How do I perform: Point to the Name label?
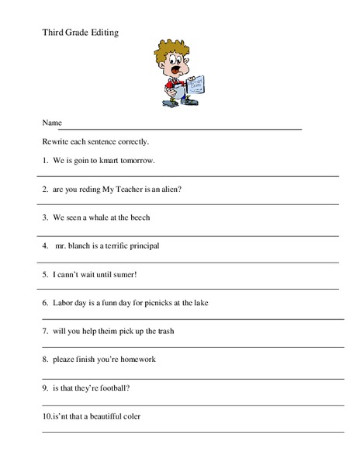[x=51, y=123]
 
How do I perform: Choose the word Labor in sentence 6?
[x=63, y=302]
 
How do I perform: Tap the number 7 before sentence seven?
[x=45, y=330]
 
